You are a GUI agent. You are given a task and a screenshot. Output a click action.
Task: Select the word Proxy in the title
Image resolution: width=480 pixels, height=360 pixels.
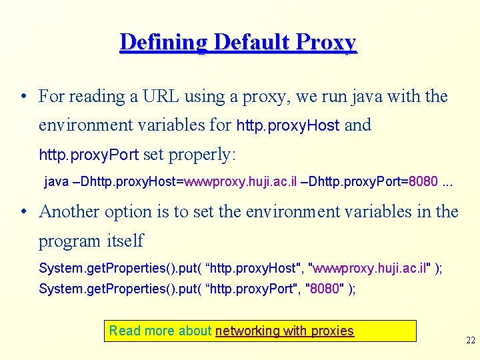tap(326, 43)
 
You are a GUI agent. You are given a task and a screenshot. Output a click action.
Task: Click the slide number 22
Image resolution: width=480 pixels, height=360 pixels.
tap(471, 340)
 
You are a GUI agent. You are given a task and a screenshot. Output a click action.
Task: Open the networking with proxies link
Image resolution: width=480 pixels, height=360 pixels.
tap(285, 331)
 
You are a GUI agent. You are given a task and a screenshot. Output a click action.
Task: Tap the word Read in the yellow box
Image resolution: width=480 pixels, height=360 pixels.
tap(125, 331)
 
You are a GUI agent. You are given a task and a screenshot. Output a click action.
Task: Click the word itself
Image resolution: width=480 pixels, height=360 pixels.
tap(125, 240)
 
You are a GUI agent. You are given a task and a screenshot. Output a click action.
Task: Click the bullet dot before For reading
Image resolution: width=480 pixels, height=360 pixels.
tap(23, 97)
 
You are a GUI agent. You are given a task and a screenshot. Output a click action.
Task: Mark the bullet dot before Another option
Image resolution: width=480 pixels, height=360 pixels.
tap(23, 213)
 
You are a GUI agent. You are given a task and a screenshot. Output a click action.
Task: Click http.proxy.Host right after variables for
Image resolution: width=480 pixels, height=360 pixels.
tap(288, 125)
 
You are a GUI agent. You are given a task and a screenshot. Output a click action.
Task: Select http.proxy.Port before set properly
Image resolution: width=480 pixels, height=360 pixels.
tap(89, 155)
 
